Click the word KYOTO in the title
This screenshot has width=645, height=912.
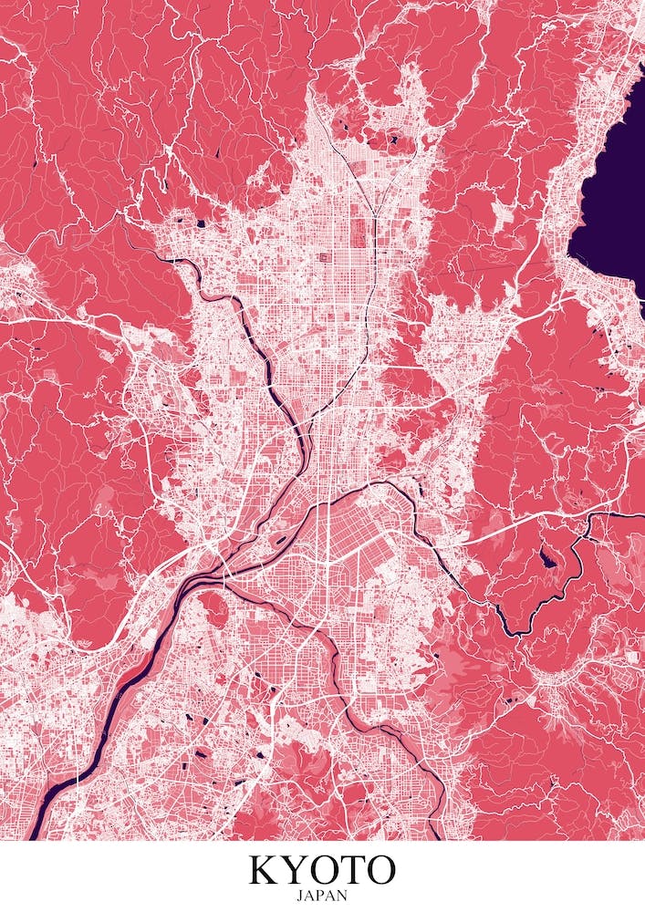coord(323,870)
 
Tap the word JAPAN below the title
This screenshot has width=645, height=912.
coord(323,896)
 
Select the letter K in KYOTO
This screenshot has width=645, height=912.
coord(265,870)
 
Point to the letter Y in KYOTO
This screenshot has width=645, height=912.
coord(295,870)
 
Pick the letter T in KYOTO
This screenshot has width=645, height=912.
coord(351,870)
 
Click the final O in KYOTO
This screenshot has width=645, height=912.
coord(380,870)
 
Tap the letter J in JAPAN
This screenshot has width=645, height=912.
coord(302,896)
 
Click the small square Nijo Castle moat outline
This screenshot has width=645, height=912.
coord(323,258)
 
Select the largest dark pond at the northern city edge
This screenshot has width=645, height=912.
coord(393,140)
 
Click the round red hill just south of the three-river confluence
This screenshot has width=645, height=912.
coord(212,606)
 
